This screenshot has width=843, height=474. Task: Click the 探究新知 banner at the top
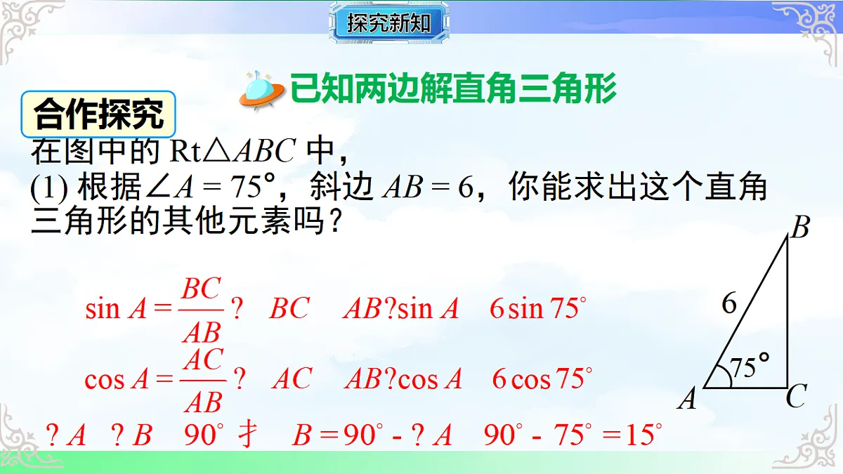388,24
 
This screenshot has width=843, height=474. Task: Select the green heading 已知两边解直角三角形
454,89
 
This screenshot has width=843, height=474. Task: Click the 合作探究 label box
98,114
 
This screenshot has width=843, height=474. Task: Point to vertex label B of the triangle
800,228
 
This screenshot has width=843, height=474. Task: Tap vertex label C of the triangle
795,398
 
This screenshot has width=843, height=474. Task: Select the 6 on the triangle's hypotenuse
729,303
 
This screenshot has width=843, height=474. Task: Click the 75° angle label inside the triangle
749,367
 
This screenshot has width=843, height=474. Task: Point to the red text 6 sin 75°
537,309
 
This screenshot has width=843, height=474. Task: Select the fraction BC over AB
202,309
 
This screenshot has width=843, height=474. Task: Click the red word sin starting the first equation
102,309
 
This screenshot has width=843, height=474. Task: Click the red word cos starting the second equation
104,380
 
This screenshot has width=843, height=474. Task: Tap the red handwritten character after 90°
247,435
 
